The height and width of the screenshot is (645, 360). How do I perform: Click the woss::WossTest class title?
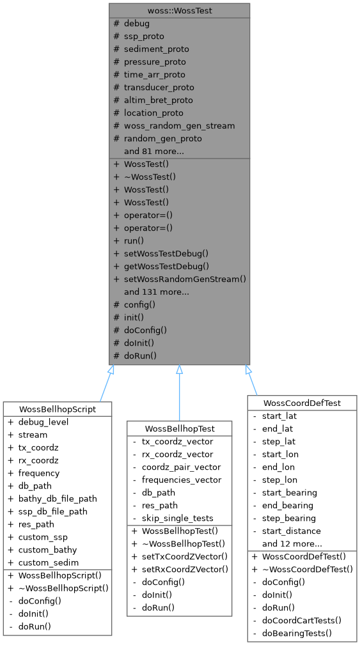179,10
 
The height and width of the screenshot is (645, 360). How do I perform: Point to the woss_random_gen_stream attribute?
179,125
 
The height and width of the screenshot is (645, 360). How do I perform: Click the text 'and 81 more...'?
154,151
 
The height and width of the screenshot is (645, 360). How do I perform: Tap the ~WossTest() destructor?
150,176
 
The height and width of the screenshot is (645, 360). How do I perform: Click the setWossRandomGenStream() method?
185,279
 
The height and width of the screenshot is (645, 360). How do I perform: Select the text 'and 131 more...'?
157,291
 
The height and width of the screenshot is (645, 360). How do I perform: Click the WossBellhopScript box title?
58,409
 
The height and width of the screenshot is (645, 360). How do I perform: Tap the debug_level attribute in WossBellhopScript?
43,422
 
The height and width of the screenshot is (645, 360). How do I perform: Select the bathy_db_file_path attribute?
58,499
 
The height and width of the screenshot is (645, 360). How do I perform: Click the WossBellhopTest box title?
179,428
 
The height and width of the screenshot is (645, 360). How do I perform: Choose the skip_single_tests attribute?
177,518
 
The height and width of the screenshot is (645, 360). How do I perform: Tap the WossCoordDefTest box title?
301,403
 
